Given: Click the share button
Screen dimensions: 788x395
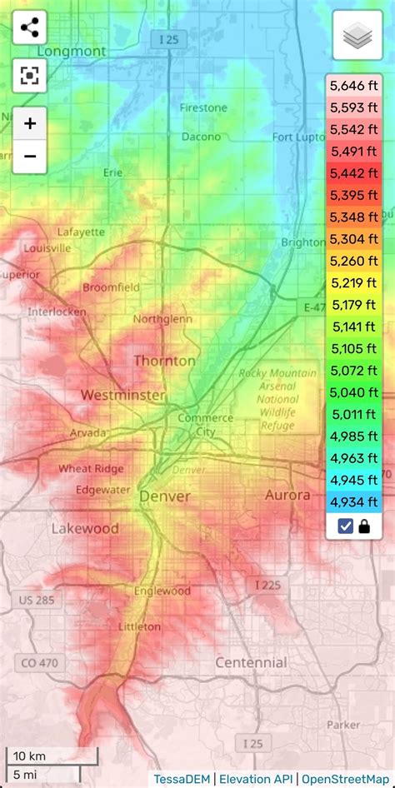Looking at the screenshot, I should (x=30, y=29).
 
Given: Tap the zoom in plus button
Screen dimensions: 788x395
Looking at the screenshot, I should (x=30, y=124).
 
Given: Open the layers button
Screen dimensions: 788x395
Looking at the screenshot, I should (x=357, y=36).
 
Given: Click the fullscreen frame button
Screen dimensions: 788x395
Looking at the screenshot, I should (x=30, y=77).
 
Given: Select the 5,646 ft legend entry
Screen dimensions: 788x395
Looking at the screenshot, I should (x=353, y=86).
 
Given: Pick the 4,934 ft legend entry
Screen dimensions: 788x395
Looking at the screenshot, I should (x=353, y=501).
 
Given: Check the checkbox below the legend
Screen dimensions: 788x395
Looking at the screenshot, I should (x=345, y=526).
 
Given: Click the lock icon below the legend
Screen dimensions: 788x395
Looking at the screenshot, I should (x=364, y=526).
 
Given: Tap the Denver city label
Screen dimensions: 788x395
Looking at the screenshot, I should (x=164, y=496).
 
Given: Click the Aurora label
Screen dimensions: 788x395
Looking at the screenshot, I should (x=287, y=495).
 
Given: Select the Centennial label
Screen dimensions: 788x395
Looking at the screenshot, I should (x=251, y=663).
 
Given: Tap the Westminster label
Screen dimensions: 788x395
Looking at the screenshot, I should (x=122, y=395).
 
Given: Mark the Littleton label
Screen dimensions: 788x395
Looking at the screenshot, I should (x=139, y=626).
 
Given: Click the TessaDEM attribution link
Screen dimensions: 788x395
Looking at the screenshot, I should (x=181, y=779).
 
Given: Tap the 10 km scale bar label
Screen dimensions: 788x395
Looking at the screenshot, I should (x=29, y=756).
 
